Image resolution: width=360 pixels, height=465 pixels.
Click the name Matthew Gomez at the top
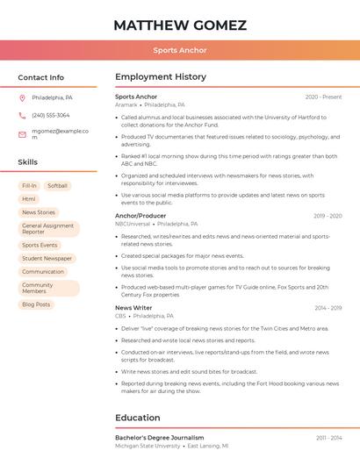point(180,25)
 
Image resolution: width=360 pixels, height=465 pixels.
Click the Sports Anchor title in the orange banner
point(180,50)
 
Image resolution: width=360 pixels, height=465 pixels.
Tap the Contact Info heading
point(40,77)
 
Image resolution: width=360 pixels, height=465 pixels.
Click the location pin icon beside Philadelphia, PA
point(22,97)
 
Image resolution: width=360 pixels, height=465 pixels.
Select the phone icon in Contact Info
point(22,115)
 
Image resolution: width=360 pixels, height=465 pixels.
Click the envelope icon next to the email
point(22,134)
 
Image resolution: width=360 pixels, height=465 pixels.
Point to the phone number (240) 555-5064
point(51,115)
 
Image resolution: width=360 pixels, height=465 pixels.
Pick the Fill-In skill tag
point(29,186)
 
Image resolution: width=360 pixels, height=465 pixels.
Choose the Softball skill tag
point(57,186)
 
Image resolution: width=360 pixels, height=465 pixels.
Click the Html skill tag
point(29,199)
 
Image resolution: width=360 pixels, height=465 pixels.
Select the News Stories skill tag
point(39,212)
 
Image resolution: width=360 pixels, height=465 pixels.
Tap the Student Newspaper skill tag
point(47,259)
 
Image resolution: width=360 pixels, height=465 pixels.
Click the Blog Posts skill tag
point(36,304)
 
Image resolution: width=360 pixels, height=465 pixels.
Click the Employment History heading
point(161,77)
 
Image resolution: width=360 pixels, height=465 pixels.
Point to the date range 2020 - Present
point(323,97)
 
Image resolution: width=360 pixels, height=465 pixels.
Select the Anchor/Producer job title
point(140,216)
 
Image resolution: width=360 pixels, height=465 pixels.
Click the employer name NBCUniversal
point(133,224)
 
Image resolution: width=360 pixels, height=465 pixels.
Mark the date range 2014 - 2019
point(328,308)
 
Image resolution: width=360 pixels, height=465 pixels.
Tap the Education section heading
point(138,418)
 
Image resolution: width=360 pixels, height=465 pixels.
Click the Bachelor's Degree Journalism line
point(159,437)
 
